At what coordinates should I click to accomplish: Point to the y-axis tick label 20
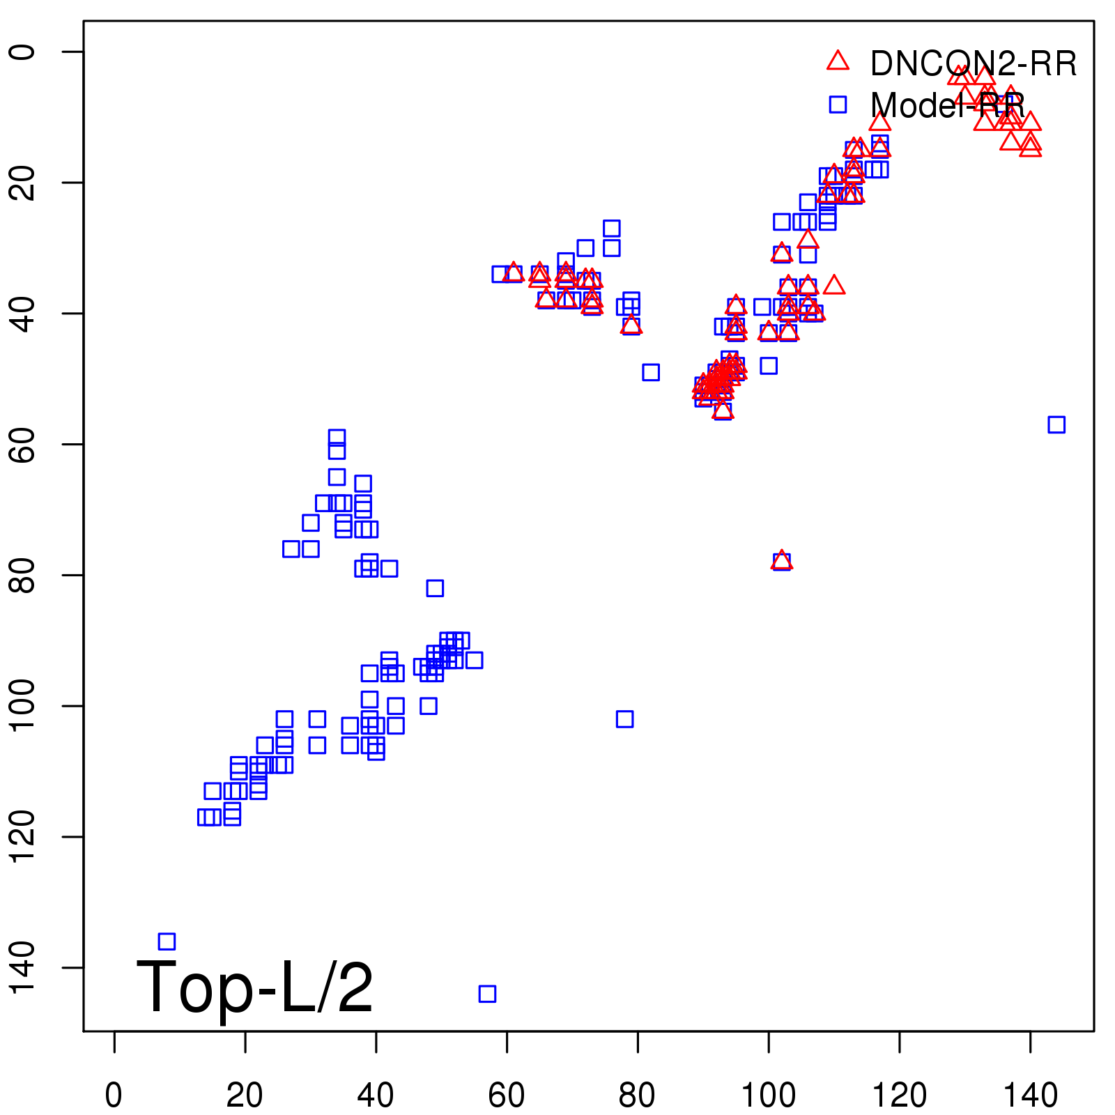(22, 183)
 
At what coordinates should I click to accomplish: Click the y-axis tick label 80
(22, 575)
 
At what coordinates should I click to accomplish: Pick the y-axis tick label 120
(22, 836)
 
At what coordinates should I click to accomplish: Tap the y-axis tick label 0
(22, 52)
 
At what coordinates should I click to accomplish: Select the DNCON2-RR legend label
(973, 64)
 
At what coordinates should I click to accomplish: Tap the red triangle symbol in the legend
(838, 61)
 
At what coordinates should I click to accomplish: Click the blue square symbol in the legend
(838, 105)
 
